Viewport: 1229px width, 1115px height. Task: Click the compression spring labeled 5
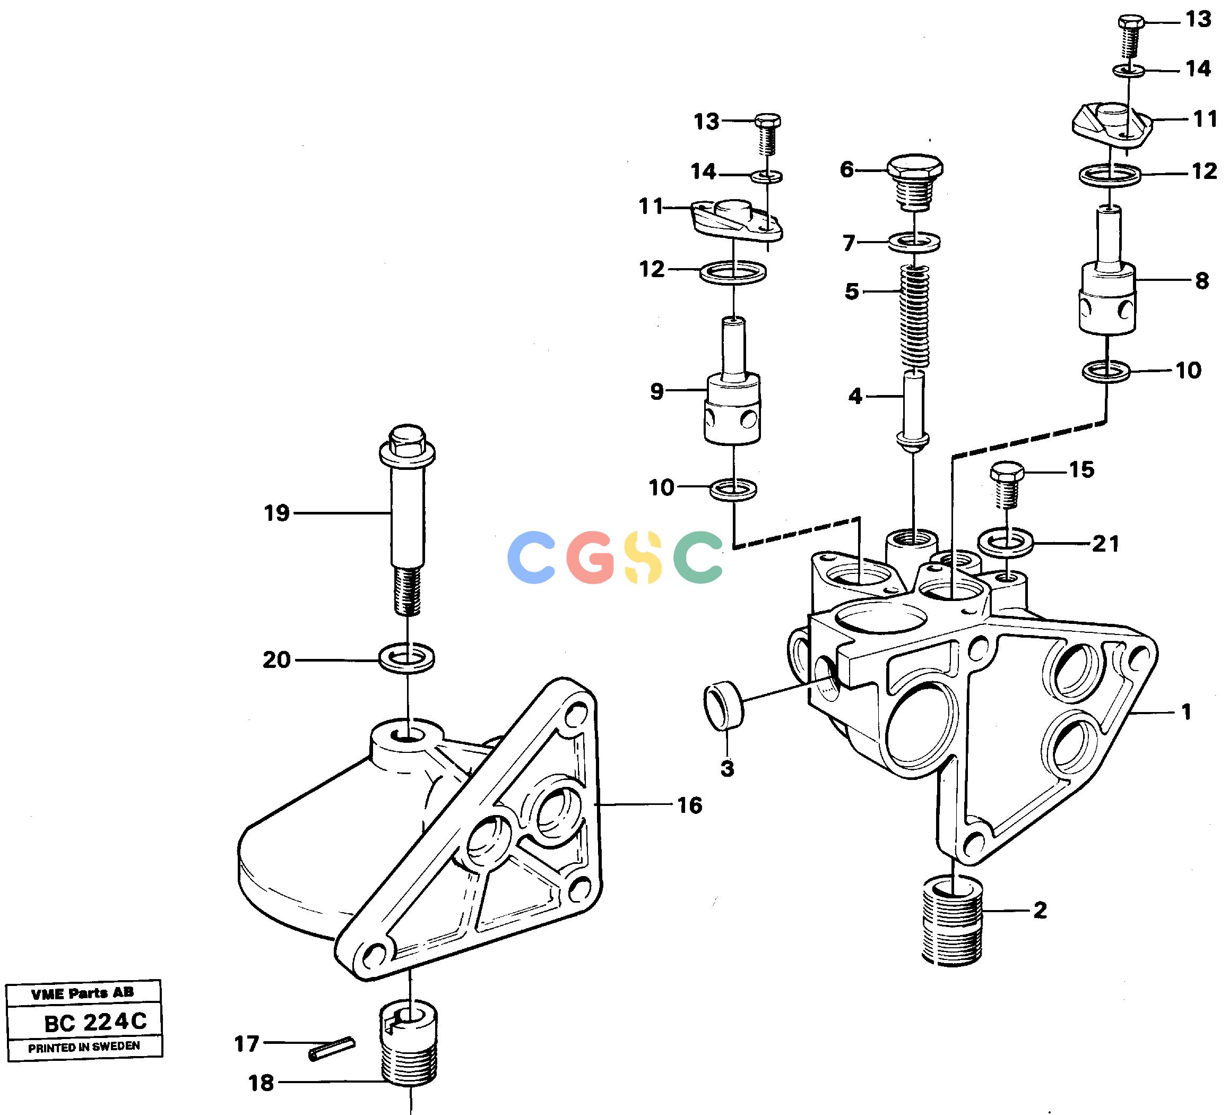tap(915, 317)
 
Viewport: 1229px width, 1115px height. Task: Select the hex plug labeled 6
tap(914, 182)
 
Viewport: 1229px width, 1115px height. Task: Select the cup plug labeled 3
tap(724, 706)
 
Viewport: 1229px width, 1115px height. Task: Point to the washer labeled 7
tap(914, 242)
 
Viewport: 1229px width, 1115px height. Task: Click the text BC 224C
tap(96, 1022)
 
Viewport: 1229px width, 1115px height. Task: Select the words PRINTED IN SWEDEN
tap(84, 1047)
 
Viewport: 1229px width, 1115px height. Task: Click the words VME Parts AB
tap(82, 993)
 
